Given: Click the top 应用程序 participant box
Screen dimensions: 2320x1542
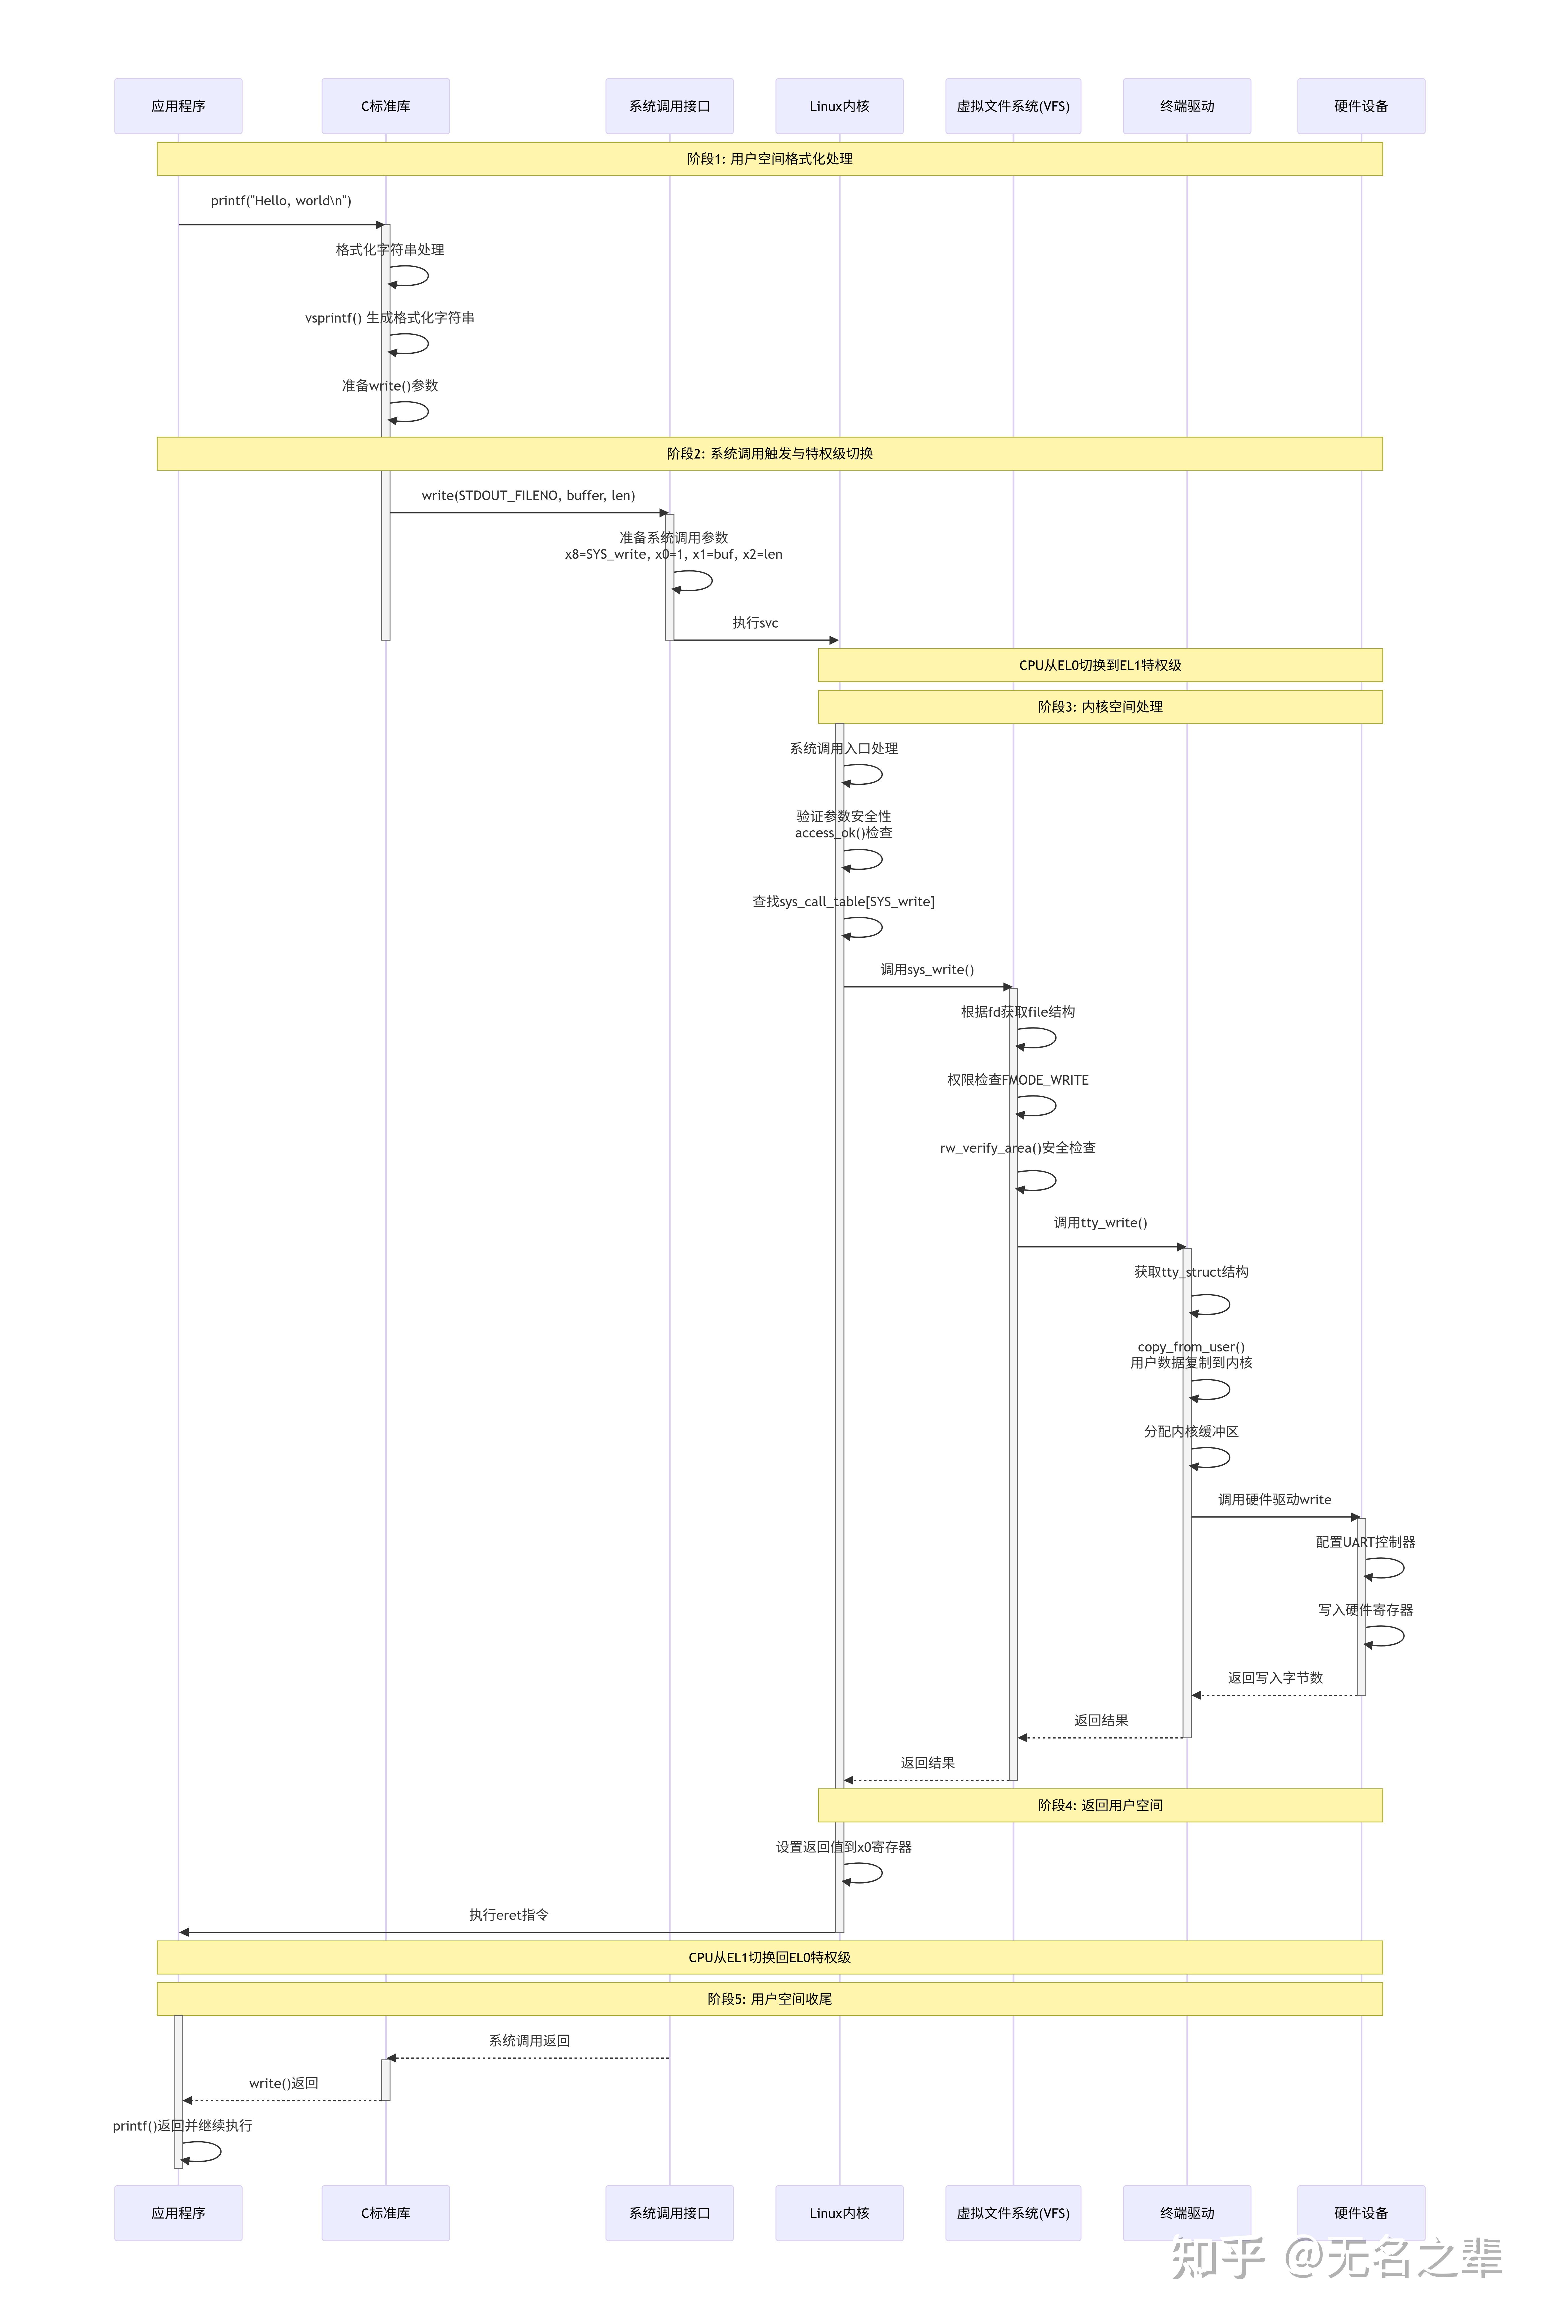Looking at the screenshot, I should click(178, 106).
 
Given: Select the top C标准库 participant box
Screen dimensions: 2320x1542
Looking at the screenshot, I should click(386, 106).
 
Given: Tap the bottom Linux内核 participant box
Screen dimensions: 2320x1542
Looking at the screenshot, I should click(839, 2213).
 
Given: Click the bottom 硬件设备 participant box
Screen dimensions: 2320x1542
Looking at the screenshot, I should click(1361, 2213).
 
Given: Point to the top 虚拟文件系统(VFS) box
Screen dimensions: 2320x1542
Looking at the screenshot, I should click(1013, 106).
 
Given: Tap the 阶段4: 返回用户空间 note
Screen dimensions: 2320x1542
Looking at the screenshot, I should click(1099, 1805).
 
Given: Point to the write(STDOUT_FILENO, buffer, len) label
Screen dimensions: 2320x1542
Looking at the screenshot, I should click(528, 495).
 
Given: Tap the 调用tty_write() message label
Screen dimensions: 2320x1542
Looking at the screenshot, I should click(1100, 1223).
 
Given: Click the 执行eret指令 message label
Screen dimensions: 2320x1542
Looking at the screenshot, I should click(509, 1915).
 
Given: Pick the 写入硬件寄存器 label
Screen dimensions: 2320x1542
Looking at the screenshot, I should click(1365, 1610).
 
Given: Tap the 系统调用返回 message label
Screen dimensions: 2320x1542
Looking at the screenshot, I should click(529, 2041).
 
